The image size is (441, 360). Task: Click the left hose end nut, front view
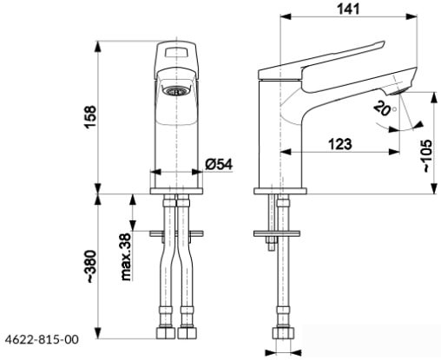tap(165, 332)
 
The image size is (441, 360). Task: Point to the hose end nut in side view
tap(281, 333)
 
